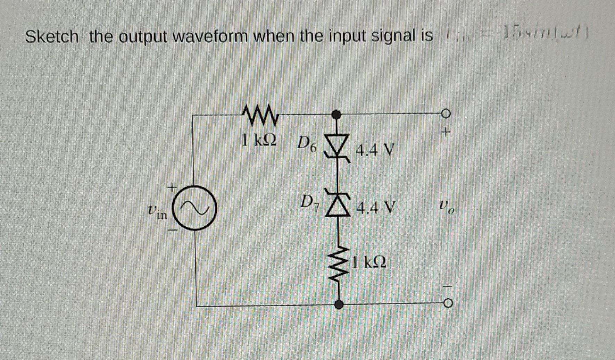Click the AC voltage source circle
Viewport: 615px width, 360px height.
[195, 208]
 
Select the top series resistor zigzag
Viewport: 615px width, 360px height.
[260, 115]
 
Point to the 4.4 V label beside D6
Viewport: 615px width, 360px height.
[375, 150]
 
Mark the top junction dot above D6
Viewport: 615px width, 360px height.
[336, 114]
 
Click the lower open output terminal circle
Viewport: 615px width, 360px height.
[448, 304]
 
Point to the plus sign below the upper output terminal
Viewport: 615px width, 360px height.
[446, 132]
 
